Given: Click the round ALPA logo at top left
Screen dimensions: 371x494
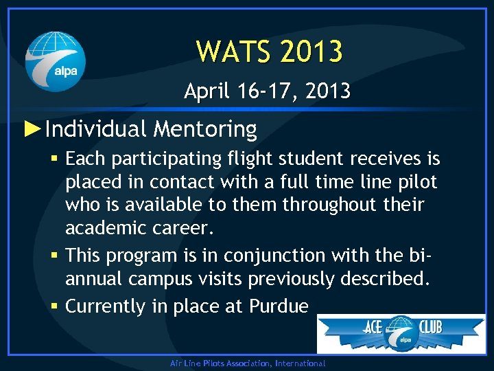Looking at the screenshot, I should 56,62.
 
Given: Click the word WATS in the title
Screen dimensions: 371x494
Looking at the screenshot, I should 228,52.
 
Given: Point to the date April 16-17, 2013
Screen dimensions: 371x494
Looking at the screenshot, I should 267,91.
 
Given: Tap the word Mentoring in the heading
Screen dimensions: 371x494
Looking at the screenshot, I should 205,129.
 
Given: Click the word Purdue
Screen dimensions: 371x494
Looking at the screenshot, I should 278,306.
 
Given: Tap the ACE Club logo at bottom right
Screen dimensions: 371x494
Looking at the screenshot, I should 401,333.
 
